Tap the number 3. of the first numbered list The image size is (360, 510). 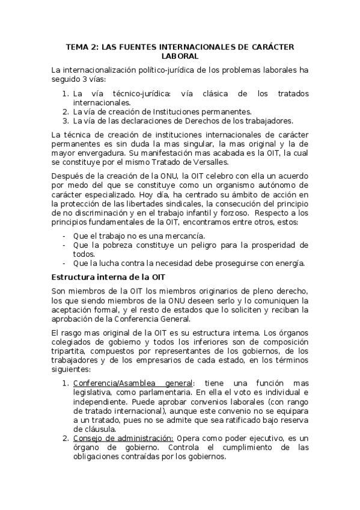click(66, 120)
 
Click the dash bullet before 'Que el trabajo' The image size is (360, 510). click(64, 236)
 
